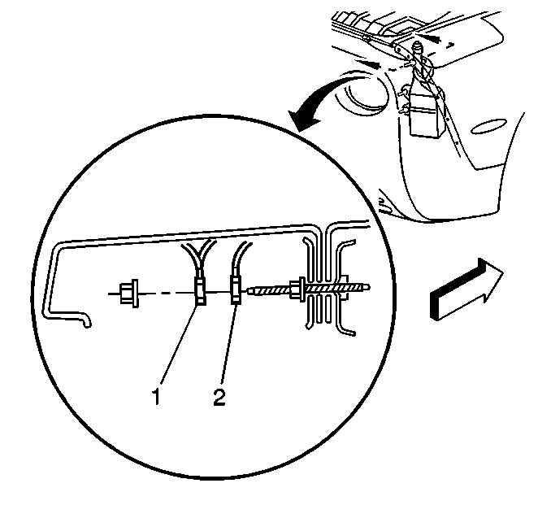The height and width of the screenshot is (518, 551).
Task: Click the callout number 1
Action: click(x=156, y=397)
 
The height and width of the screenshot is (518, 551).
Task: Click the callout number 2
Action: click(x=219, y=397)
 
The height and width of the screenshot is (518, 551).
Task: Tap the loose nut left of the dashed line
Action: click(x=128, y=293)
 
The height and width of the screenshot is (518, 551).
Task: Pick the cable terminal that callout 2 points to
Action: click(x=236, y=289)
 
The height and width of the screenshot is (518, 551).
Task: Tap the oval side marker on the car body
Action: click(x=488, y=127)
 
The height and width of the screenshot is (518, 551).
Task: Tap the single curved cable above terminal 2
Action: click(x=239, y=259)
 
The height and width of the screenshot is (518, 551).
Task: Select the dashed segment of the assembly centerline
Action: click(x=167, y=293)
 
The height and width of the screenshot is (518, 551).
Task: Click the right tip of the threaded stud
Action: click(x=369, y=287)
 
